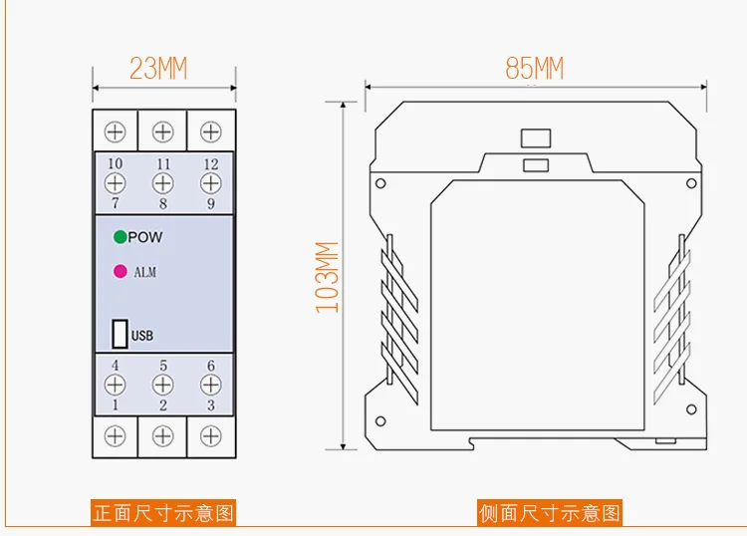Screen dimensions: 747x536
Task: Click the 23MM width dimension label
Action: (158, 68)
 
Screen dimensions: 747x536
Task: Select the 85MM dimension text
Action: (535, 68)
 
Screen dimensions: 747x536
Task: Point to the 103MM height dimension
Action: (328, 277)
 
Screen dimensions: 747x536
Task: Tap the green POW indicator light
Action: (121, 237)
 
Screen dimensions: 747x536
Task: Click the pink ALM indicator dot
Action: (121, 272)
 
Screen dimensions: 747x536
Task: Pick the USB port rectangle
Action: (120, 334)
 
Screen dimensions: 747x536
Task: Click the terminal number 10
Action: (116, 164)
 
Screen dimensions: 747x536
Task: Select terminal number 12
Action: (211, 164)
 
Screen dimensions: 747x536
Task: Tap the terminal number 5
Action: (163, 366)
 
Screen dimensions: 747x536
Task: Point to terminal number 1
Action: (115, 404)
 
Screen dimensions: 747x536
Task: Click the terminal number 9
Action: (210, 203)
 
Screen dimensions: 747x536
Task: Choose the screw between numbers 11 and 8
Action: (163, 183)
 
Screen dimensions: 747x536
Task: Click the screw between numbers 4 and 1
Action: (115, 385)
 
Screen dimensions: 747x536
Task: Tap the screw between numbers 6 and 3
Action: (210, 385)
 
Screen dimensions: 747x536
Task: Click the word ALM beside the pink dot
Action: (144, 272)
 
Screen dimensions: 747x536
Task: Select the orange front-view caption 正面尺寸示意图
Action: (163, 513)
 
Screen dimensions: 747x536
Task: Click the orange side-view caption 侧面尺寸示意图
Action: (549, 513)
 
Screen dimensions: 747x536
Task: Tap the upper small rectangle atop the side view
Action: (536, 138)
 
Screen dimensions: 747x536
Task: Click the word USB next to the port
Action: (142, 336)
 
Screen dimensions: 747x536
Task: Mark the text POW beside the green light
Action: (145, 237)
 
